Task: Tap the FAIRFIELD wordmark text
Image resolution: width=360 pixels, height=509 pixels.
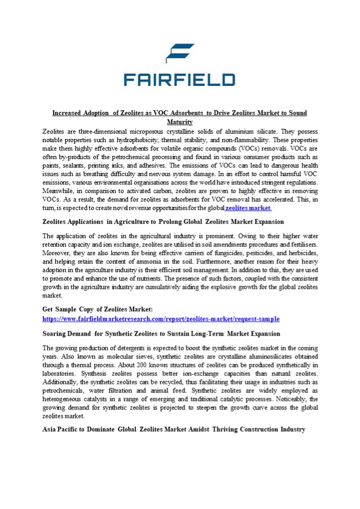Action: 179,80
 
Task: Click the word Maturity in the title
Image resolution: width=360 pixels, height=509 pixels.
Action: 180,122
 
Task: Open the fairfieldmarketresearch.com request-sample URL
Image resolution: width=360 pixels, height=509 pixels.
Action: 161,319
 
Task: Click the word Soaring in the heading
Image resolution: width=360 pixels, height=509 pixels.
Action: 56,334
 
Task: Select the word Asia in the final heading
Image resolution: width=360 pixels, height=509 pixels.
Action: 49,429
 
